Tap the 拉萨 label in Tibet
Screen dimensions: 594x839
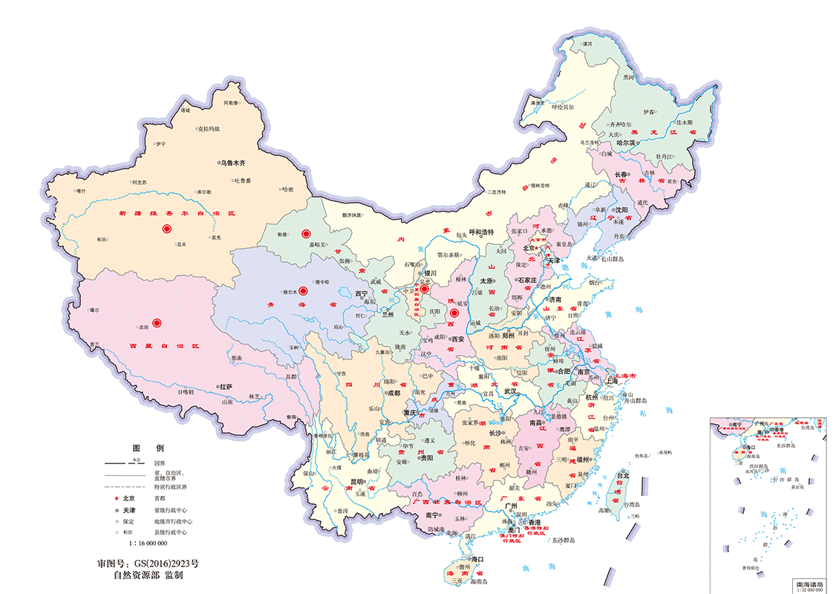click(x=225, y=387)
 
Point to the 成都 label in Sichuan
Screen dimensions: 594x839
click(x=393, y=393)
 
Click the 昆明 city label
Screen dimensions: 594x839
click(x=357, y=482)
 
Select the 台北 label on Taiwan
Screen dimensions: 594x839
click(x=622, y=475)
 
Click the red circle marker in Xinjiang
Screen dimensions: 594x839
click(x=168, y=229)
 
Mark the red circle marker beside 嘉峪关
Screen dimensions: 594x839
click(x=305, y=234)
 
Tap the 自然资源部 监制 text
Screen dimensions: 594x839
click(x=148, y=575)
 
